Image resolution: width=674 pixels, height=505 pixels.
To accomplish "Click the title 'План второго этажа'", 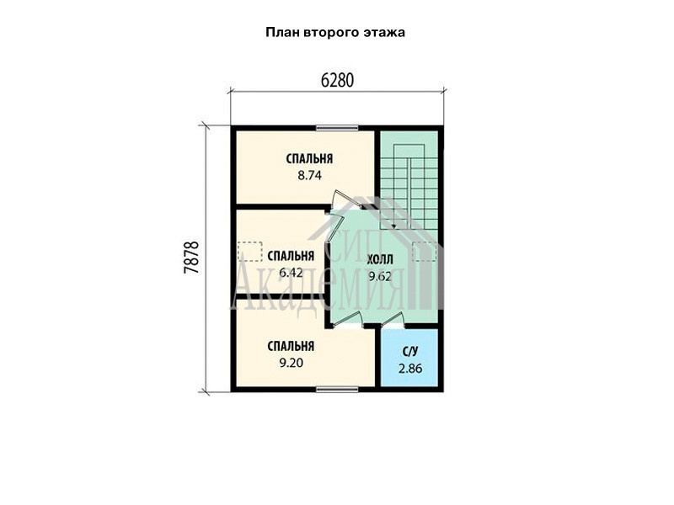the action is coord(335,33).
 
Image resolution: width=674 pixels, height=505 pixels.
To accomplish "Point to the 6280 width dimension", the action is coord(338,80).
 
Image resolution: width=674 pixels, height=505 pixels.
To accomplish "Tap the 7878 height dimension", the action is coord(191,258).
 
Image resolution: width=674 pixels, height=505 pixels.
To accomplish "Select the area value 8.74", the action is coord(309,176).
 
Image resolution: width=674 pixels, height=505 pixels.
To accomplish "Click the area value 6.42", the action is coord(291,273).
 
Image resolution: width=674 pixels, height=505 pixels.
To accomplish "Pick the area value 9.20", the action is coord(291,363).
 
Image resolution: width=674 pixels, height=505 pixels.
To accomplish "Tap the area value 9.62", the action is coord(380,277).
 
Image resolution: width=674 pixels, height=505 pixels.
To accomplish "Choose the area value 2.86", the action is coord(410,369).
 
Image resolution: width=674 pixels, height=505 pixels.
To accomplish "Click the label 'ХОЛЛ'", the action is coord(380,260).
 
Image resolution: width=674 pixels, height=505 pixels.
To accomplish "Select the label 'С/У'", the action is coord(410,352).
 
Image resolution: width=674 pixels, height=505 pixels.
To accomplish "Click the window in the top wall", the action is coord(338,128).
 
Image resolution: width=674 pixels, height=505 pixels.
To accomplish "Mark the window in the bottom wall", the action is coord(338,390).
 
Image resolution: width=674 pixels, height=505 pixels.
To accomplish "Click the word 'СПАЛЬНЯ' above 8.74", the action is coord(309,159).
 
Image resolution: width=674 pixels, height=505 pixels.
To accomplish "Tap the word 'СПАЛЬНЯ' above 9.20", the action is coord(291,346).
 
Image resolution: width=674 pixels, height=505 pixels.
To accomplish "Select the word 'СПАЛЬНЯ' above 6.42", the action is coord(291,256).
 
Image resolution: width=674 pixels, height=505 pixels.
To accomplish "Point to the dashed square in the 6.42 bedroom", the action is coord(249,252).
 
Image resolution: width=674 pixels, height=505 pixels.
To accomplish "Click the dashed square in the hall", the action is coord(424,252).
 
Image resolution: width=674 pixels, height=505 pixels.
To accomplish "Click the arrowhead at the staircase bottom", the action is coord(393,226).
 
